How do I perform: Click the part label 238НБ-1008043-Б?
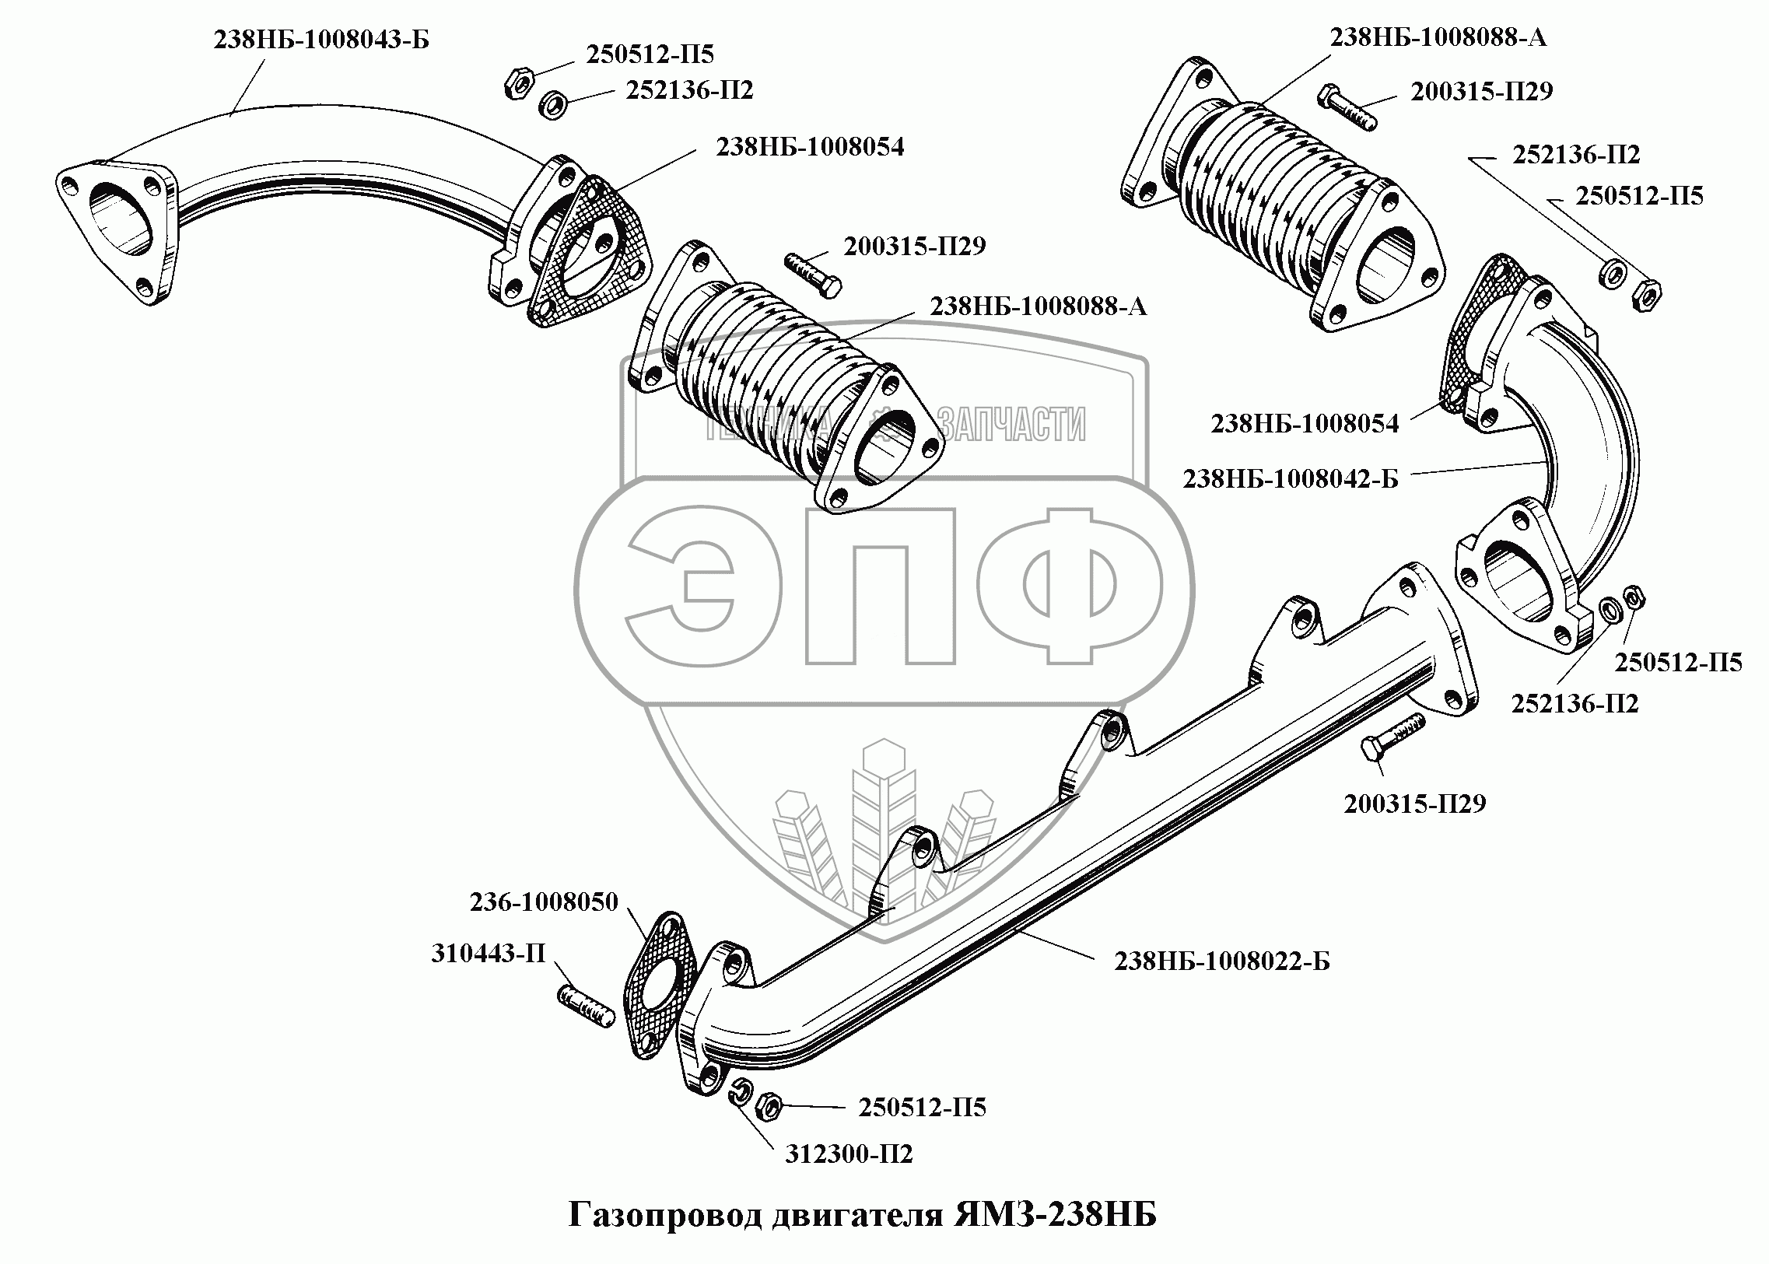pyautogui.click(x=321, y=39)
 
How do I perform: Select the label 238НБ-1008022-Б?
pyautogui.click(x=1222, y=962)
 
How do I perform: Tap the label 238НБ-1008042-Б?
pyautogui.click(x=1291, y=478)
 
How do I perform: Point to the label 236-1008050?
pyautogui.click(x=543, y=902)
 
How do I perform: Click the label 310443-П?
pyautogui.click(x=489, y=954)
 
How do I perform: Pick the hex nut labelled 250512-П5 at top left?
pyautogui.click(x=517, y=82)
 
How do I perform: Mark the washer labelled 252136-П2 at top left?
pyautogui.click(x=552, y=104)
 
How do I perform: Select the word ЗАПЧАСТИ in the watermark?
pyautogui.click(x=1011, y=425)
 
